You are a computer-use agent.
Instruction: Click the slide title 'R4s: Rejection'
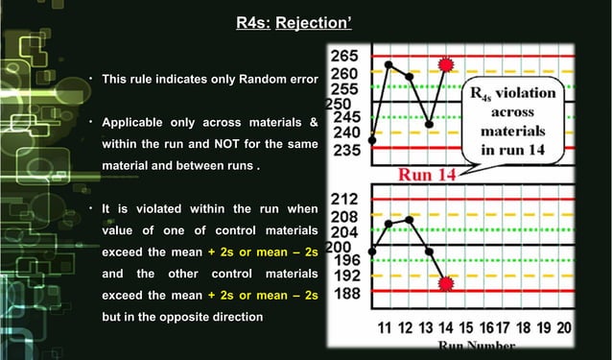click(305, 21)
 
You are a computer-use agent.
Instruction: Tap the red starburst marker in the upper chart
click(444, 64)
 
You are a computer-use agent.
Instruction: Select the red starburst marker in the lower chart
click(446, 284)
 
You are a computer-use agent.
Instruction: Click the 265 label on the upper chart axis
click(345, 57)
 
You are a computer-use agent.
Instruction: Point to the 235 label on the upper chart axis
click(345, 150)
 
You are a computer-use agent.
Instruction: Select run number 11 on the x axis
click(385, 326)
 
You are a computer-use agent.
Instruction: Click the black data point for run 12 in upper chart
click(410, 76)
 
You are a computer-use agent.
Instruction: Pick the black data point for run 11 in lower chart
click(388, 224)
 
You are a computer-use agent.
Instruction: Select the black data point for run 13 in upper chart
click(429, 125)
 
